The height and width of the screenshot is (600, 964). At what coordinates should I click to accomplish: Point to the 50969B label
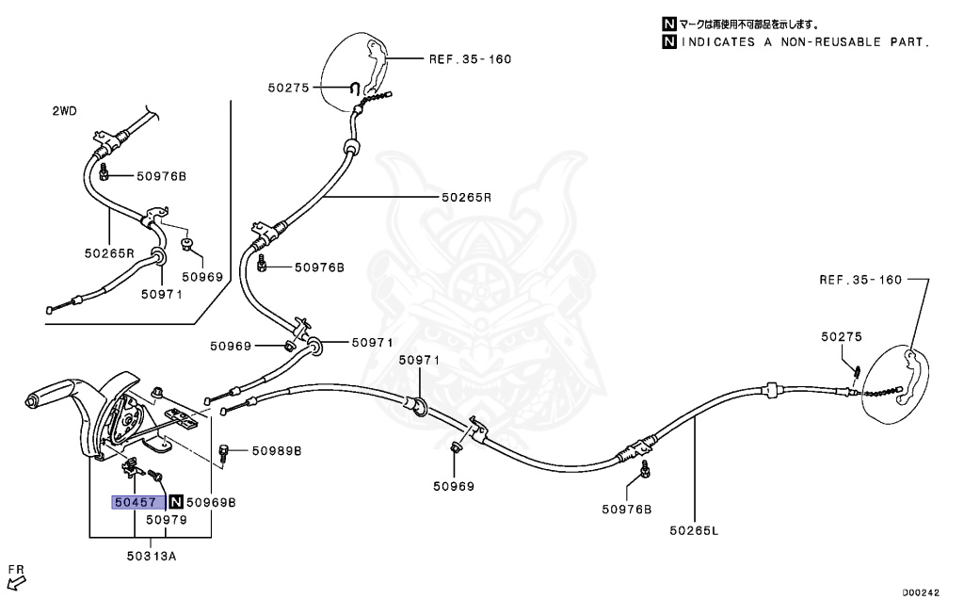(x=211, y=502)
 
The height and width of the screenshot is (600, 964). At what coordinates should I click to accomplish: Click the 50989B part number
(x=276, y=451)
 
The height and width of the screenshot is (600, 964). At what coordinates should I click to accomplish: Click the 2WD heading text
(x=64, y=111)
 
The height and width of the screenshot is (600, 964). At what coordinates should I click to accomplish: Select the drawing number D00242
(x=920, y=592)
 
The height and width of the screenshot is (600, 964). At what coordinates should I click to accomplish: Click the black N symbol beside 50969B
(x=175, y=502)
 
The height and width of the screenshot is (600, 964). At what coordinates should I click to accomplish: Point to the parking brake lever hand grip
(x=56, y=394)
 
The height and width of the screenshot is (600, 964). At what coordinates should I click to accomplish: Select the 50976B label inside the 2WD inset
(x=161, y=176)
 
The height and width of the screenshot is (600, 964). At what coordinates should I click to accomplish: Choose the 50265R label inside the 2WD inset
(x=109, y=253)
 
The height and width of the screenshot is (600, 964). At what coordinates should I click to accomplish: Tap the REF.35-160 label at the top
(x=470, y=58)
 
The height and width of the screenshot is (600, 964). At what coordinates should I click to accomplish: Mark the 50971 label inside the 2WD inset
(x=161, y=294)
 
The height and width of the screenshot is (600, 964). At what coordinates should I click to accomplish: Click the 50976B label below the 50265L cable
(x=626, y=510)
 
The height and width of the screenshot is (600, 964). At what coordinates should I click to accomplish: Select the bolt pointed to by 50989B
(x=224, y=451)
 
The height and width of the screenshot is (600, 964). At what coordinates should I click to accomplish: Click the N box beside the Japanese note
(x=669, y=24)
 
